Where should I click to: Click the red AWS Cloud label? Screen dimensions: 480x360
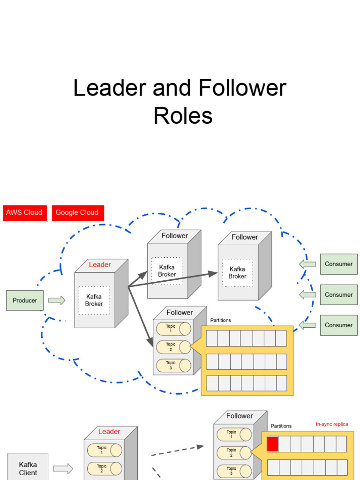click(x=24, y=213)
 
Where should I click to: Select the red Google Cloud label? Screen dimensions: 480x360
click(x=77, y=213)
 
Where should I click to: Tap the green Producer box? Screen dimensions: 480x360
click(x=24, y=300)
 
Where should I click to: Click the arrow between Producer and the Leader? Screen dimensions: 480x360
click(x=57, y=300)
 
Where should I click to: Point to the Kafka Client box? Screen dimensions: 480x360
click(x=28, y=468)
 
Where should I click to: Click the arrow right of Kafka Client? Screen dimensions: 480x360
click(x=63, y=468)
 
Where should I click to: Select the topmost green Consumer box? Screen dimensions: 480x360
click(x=338, y=264)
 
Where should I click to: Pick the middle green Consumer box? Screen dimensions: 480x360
click(x=338, y=295)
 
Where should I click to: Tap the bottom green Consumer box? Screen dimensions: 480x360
click(x=338, y=325)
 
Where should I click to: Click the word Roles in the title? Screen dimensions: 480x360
click(x=183, y=116)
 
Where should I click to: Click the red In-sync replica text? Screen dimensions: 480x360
click(x=332, y=424)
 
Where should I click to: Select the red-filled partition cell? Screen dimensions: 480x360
click(x=272, y=444)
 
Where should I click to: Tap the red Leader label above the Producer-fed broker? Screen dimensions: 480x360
click(x=100, y=265)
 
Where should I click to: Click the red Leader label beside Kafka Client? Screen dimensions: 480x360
click(x=109, y=432)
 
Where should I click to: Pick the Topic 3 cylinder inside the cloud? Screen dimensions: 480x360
click(x=173, y=366)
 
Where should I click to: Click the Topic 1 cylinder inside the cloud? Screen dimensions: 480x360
click(x=173, y=329)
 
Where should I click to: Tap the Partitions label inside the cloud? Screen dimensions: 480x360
click(x=221, y=321)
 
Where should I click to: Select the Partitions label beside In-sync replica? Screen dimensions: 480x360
click(x=281, y=426)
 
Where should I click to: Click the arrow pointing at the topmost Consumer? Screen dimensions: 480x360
click(x=307, y=264)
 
